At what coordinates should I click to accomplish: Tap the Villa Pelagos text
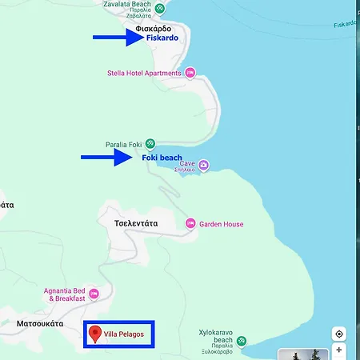pos(124,334)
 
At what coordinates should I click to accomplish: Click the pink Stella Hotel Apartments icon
pos(190,73)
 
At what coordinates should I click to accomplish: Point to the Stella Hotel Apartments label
pos(144,73)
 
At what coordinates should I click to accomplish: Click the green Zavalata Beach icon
pos(160,9)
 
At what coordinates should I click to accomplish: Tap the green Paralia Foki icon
pos(150,144)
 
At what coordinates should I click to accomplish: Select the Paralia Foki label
pos(123,145)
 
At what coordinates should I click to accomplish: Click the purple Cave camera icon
pos(204,165)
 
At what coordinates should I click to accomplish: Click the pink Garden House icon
pos(190,224)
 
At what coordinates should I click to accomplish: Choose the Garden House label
pos(222,224)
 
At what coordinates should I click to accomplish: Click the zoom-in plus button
pos(339,350)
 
